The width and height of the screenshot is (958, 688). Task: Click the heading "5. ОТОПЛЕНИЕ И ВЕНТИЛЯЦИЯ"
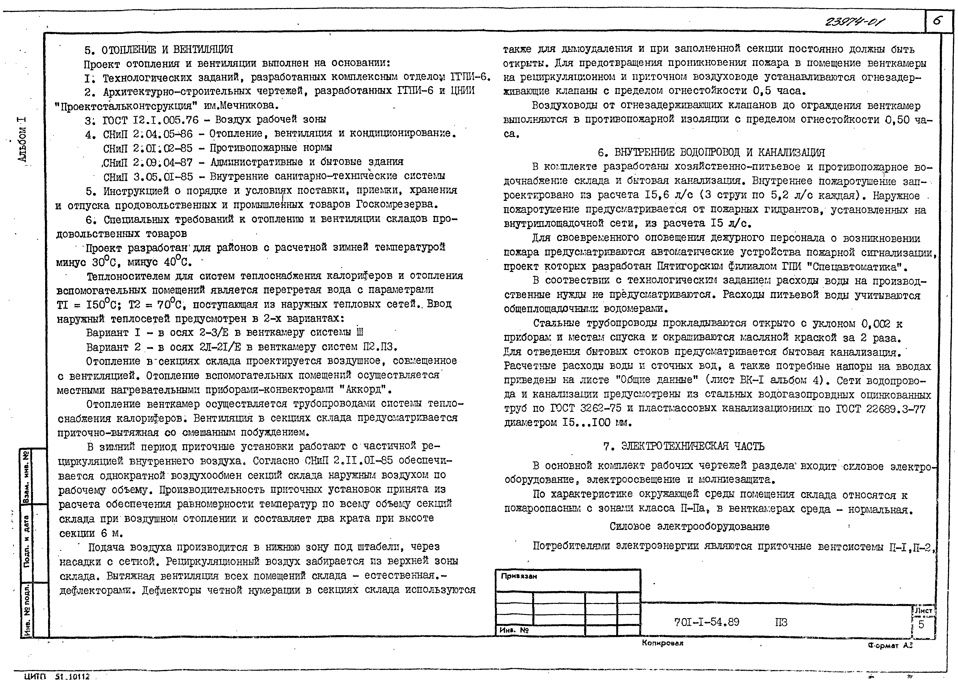pyautogui.click(x=158, y=50)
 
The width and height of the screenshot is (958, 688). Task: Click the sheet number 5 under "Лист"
pyautogui.click(x=921, y=624)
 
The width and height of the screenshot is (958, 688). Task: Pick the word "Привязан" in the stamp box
pyautogui.click(x=519, y=576)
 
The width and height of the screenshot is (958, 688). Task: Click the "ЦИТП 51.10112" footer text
pyautogui.click(x=57, y=677)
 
